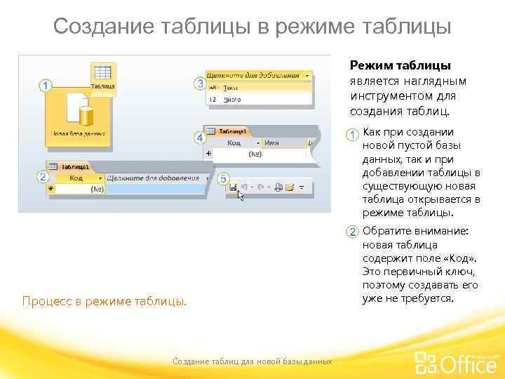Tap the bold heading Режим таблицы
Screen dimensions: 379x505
[x=400, y=66]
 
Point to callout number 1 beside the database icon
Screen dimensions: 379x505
[x=46, y=86]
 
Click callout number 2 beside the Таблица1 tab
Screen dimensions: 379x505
[x=44, y=177]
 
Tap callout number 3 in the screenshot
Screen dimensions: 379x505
[x=200, y=84]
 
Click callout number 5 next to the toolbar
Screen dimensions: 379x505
[x=224, y=180]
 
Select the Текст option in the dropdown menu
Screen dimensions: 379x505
[x=231, y=88]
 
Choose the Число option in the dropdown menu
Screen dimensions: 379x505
[x=231, y=100]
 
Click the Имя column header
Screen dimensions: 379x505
[x=272, y=142]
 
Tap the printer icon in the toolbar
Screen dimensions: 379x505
[x=278, y=187]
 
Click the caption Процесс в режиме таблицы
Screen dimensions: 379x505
[x=105, y=302]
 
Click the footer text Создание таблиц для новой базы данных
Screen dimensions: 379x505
[x=252, y=361]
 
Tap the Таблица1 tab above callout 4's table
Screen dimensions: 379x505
[x=232, y=131]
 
